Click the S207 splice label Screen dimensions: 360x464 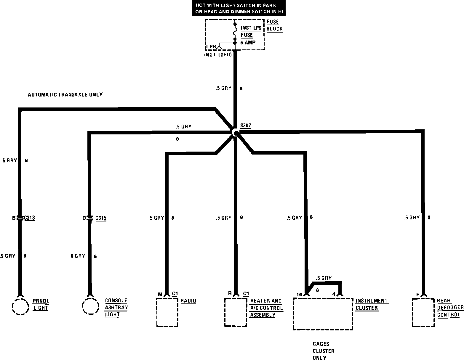click(x=246, y=126)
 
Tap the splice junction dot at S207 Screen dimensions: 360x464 click(x=236, y=133)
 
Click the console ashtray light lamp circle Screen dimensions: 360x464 click(x=90, y=306)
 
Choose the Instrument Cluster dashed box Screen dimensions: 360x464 click(x=323, y=314)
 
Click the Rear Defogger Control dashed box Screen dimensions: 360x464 click(x=423, y=313)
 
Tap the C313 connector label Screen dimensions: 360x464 click(x=29, y=218)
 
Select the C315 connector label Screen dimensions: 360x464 click(x=101, y=218)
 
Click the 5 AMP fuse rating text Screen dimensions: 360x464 click(x=248, y=43)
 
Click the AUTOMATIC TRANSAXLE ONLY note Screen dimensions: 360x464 click(x=65, y=95)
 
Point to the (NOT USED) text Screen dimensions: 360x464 click(x=218, y=55)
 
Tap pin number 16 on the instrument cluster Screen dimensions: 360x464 click(x=299, y=294)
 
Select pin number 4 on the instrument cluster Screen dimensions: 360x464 click(x=334, y=294)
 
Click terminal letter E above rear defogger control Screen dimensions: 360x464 click(x=418, y=295)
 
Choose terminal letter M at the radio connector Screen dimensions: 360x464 click(x=160, y=294)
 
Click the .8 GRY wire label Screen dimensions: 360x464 click(x=77, y=256)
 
